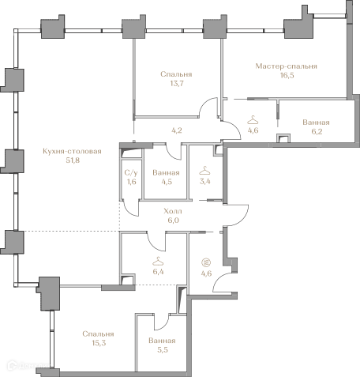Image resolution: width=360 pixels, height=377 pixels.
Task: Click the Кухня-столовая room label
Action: (72, 151)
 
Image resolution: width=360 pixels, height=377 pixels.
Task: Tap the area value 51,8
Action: (73, 160)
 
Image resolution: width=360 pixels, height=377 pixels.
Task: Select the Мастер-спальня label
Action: (286, 66)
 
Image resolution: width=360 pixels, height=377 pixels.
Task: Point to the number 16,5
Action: (287, 75)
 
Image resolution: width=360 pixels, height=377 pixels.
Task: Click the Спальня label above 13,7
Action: (176, 74)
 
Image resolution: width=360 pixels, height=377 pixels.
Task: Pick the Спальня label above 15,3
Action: (98, 334)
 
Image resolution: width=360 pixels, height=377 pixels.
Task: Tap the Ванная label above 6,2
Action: (316, 123)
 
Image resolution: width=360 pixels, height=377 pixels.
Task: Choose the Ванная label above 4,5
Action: (166, 173)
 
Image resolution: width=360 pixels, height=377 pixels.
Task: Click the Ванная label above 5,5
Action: (162, 341)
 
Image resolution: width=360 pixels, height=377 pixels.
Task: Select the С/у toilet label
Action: (131, 173)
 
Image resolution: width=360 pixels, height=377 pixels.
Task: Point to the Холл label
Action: (173, 211)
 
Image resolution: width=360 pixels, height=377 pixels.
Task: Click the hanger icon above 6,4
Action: (158, 262)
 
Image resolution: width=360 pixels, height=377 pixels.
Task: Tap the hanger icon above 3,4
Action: (204, 171)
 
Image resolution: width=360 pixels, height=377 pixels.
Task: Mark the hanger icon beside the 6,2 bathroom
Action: (253, 120)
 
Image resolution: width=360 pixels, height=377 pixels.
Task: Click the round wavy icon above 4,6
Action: (206, 262)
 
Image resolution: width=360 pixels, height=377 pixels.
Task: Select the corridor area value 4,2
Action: (177, 130)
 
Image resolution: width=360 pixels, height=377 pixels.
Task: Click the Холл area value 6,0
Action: (174, 221)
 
